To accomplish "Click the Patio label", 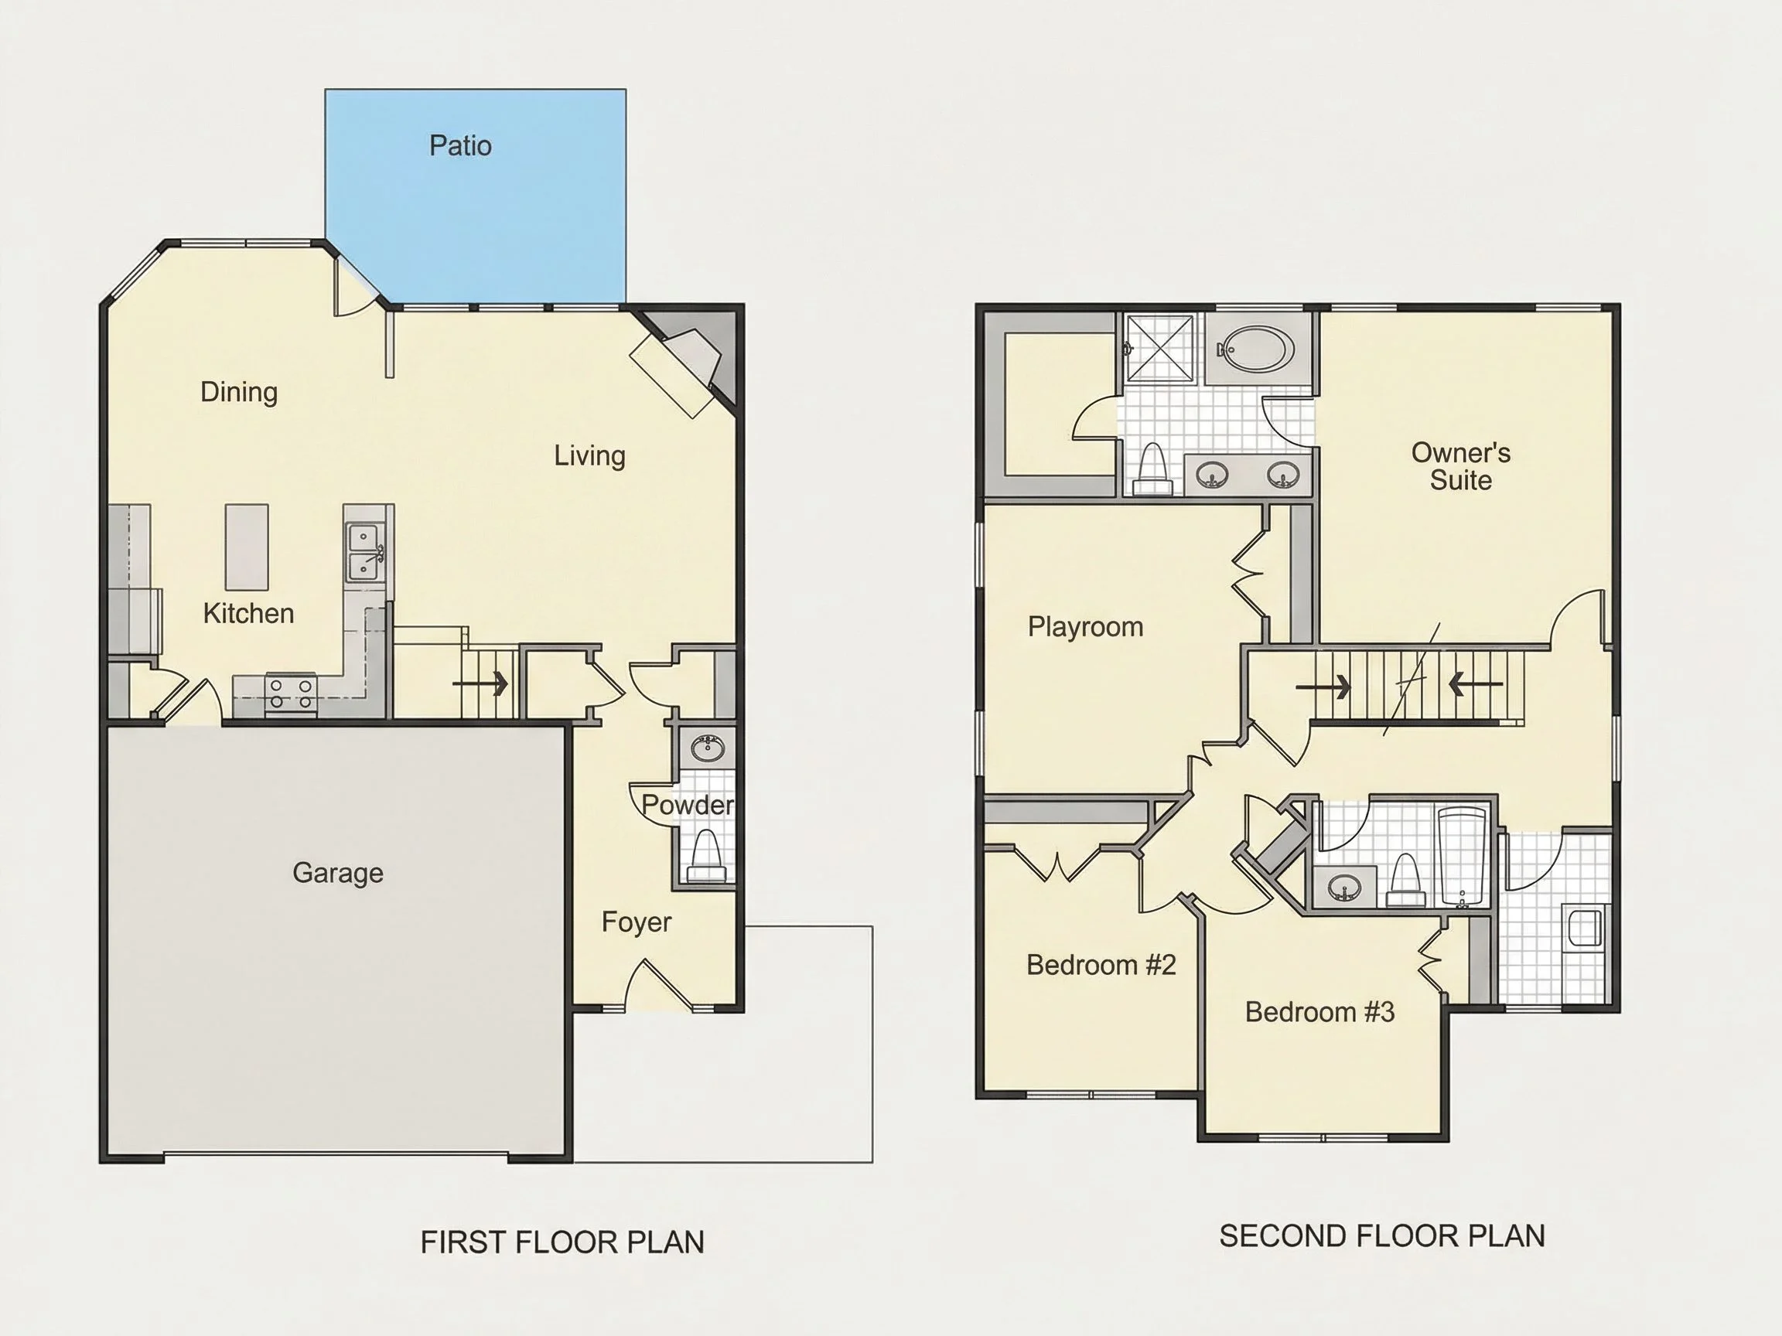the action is pyautogui.click(x=460, y=146).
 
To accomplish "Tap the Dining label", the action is pyautogui.click(x=238, y=392).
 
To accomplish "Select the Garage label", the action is pyautogui.click(x=337, y=873).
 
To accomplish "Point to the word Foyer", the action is pyautogui.click(x=637, y=922).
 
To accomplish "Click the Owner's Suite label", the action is pyautogui.click(x=1460, y=466).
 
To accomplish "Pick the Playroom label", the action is pyautogui.click(x=1085, y=626).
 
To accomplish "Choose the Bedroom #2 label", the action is pyautogui.click(x=1101, y=965).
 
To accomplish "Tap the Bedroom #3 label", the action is pyautogui.click(x=1319, y=1011).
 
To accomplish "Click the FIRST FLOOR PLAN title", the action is pyautogui.click(x=562, y=1242).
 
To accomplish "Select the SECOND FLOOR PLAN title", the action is pyautogui.click(x=1381, y=1236).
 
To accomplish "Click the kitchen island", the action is pyautogui.click(x=247, y=547).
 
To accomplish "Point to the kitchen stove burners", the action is pyautogui.click(x=291, y=694).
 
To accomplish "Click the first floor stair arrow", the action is pyautogui.click(x=480, y=684).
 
